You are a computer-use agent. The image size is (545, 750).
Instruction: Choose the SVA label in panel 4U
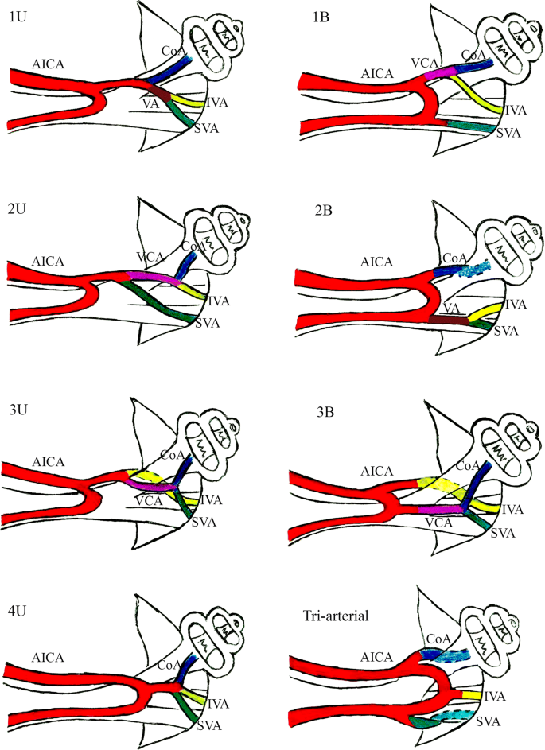[x=210, y=725]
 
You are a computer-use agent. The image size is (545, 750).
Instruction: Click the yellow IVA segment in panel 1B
[x=477, y=95]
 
